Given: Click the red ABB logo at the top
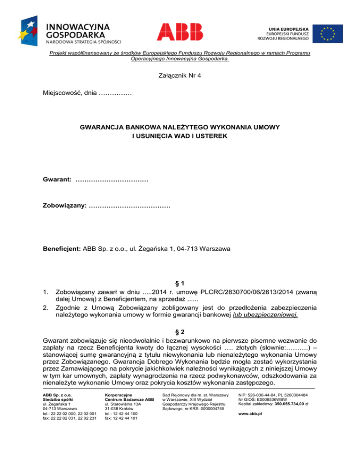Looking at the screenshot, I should point(180,31).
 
